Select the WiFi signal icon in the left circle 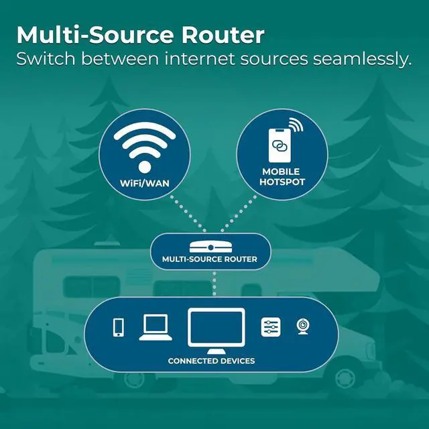[144, 147]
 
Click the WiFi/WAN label [144, 183]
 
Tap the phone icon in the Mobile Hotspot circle [281, 143]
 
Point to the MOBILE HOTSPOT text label [281, 176]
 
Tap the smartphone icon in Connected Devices [119, 327]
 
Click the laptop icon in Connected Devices [155, 326]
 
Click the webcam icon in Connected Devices [303, 326]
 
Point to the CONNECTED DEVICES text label [211, 361]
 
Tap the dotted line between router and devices [213, 282]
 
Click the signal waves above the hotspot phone [296, 125]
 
